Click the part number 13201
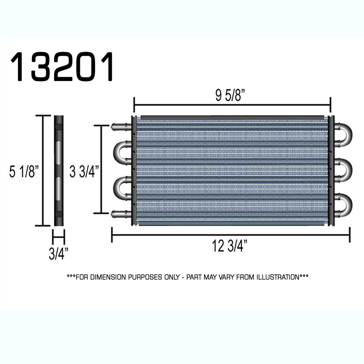point(62,67)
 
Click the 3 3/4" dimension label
point(84,171)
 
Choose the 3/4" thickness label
point(59,254)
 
